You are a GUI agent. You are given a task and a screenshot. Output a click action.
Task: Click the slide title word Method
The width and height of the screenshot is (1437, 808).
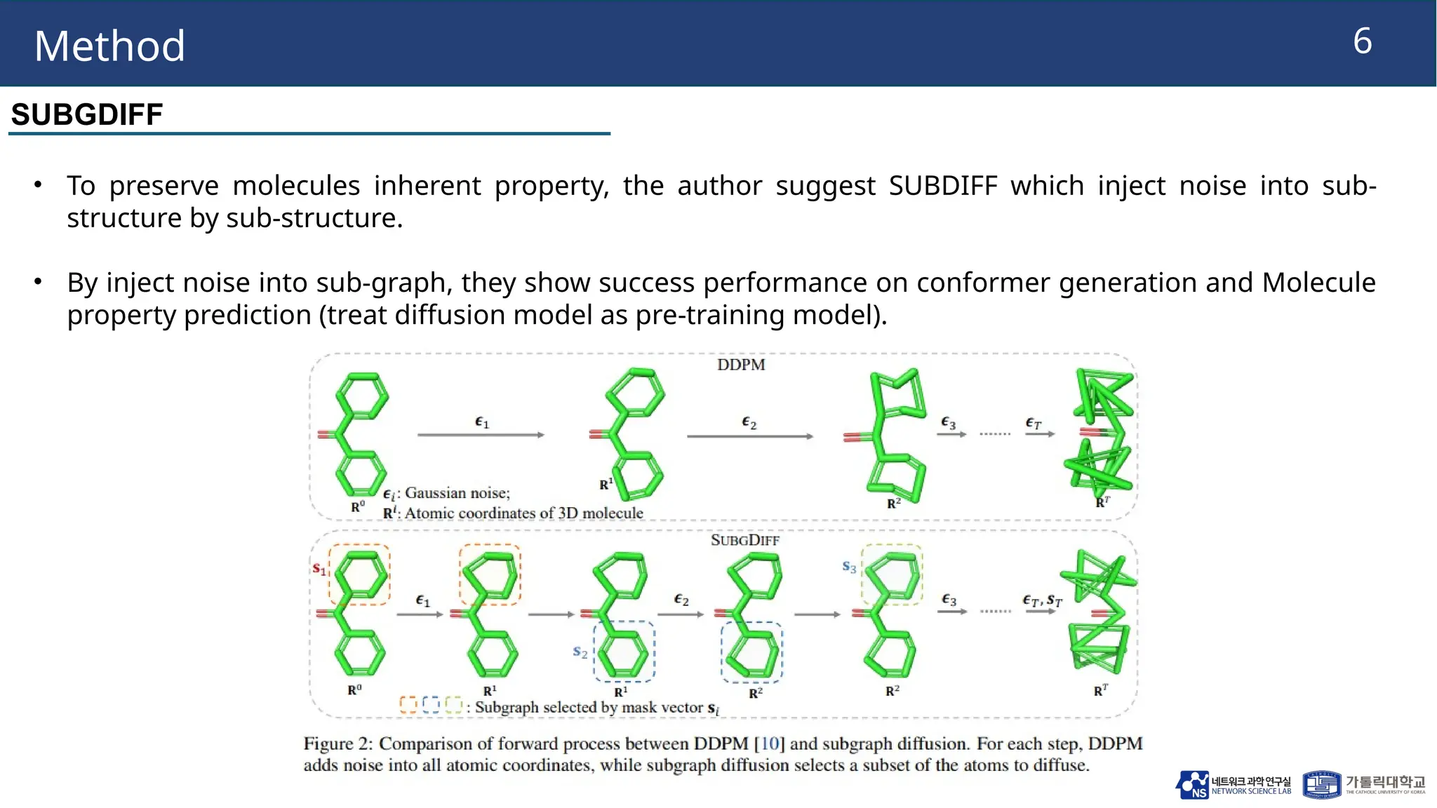click(x=109, y=46)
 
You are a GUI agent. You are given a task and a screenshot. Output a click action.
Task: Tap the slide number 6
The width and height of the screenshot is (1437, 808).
click(x=1362, y=41)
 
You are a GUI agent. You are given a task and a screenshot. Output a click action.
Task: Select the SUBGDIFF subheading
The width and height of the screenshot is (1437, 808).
click(x=87, y=114)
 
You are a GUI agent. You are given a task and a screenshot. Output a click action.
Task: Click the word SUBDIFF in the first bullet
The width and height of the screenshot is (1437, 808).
click(x=942, y=186)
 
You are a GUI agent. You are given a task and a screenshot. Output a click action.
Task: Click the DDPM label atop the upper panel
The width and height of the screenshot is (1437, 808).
click(x=741, y=365)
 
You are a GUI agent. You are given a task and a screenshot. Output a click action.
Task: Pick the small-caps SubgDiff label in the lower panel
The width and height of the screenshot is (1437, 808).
click(x=744, y=540)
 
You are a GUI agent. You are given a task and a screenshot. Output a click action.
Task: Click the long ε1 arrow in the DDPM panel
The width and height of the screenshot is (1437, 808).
click(x=481, y=435)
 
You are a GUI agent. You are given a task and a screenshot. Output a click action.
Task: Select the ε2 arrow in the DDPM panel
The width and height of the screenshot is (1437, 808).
click(x=749, y=436)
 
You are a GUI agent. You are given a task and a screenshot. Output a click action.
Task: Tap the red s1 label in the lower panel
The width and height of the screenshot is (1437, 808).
click(x=319, y=568)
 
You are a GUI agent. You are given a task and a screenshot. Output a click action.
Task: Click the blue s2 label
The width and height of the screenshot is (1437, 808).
click(x=580, y=652)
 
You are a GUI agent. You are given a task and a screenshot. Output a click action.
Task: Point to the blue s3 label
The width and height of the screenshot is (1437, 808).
click(x=849, y=567)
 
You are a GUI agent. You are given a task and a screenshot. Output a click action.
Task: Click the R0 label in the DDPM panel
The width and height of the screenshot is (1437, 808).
click(x=357, y=506)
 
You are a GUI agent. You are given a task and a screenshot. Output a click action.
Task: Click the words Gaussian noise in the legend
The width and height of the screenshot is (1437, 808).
click(x=457, y=493)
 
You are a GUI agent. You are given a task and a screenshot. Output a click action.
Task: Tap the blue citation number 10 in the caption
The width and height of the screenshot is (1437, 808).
click(x=770, y=743)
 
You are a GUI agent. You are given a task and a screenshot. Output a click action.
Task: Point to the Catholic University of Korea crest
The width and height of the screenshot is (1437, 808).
click(x=1321, y=785)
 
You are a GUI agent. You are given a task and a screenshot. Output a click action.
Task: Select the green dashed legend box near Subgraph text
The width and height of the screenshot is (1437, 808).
click(x=454, y=705)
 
